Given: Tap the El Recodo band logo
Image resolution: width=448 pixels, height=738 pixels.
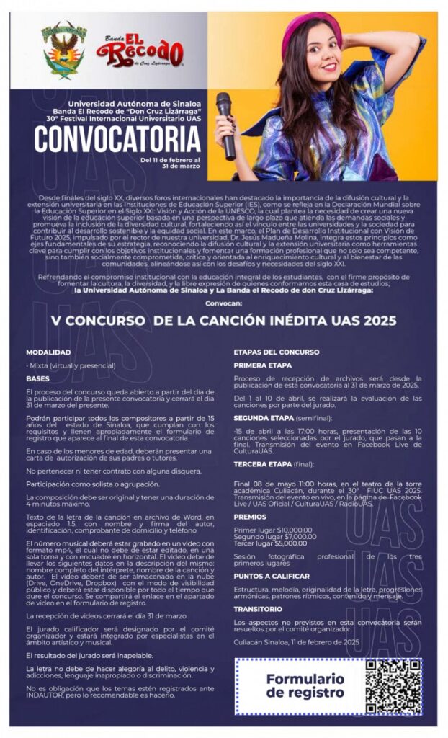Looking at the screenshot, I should click(142, 51).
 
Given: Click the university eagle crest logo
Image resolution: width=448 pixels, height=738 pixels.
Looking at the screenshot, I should click(63, 50).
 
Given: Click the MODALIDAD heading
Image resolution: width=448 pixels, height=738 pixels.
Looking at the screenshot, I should click(48, 352).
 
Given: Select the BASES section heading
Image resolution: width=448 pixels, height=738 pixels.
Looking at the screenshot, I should click(38, 378).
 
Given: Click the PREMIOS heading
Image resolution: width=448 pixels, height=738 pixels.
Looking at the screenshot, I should click(249, 517).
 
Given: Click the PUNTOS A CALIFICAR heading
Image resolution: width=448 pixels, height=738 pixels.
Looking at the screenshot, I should click(272, 576).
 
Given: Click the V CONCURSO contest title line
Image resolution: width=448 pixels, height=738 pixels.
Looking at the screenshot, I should click(223, 321).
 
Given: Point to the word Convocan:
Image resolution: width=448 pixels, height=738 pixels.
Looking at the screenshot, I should click(223, 303).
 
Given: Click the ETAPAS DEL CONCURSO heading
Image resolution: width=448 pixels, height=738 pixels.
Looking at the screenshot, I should click(277, 352).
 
